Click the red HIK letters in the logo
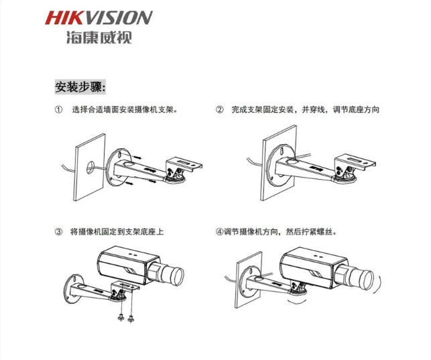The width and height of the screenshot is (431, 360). click(x=64, y=17)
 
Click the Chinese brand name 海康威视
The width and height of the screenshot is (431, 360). click(x=99, y=38)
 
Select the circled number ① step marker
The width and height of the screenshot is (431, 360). click(x=58, y=110)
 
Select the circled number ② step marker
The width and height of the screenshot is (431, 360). click(x=219, y=110)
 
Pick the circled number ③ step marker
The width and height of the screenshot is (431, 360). click(x=58, y=232)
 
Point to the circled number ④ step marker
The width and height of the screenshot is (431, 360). click(x=219, y=232)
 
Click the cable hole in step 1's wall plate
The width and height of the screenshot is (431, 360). click(x=90, y=167)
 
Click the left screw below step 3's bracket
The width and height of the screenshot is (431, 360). click(x=121, y=317)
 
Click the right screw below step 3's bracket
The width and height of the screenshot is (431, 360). click(x=131, y=318)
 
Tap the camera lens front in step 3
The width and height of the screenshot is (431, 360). click(x=178, y=276)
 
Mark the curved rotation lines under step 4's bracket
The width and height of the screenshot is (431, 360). click(x=297, y=301)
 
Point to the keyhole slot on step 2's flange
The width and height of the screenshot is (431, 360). click(x=283, y=152)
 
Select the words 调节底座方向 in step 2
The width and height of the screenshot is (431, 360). click(x=356, y=110)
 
